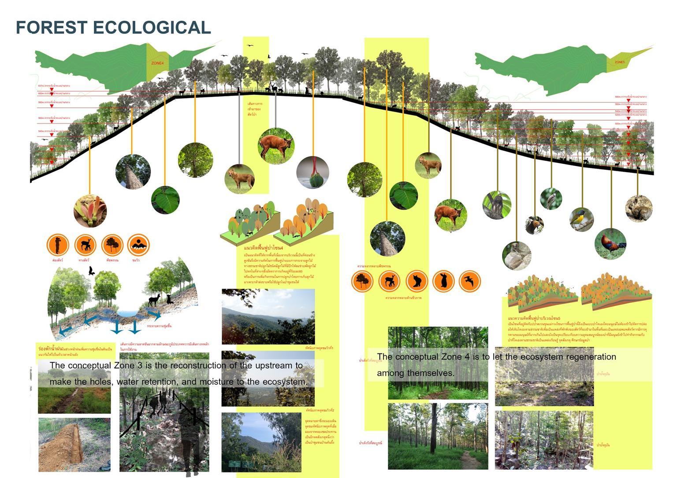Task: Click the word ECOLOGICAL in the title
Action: [152, 27]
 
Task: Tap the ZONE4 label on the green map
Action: [157, 63]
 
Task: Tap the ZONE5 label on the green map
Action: [619, 63]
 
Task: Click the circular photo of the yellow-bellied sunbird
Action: [581, 219]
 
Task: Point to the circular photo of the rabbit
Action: [639, 208]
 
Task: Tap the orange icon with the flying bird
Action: [469, 281]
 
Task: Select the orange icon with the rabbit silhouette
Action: [443, 281]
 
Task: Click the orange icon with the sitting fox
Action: [417, 281]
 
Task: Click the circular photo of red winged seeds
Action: [90, 210]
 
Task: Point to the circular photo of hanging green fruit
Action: [312, 173]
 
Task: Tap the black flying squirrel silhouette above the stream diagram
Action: [92, 271]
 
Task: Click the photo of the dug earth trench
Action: [74, 445]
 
